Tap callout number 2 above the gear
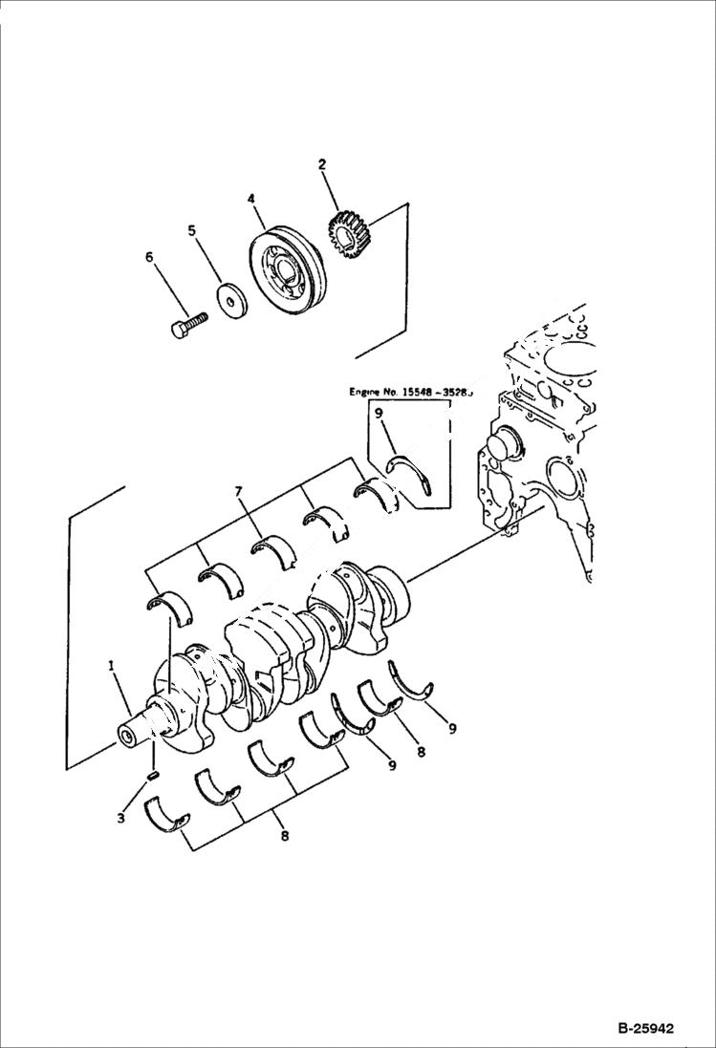point(322,165)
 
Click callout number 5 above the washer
point(191,230)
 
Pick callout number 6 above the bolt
point(148,257)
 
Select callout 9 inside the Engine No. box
point(380,413)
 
